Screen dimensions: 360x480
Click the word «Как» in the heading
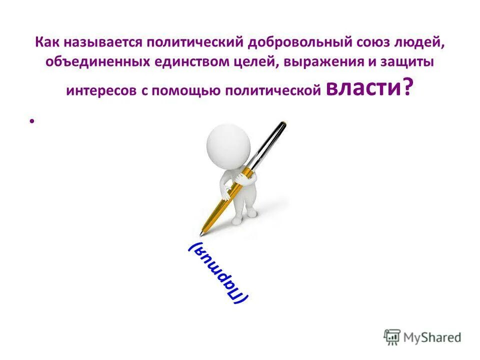(46, 43)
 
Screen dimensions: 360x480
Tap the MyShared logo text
(431, 337)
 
